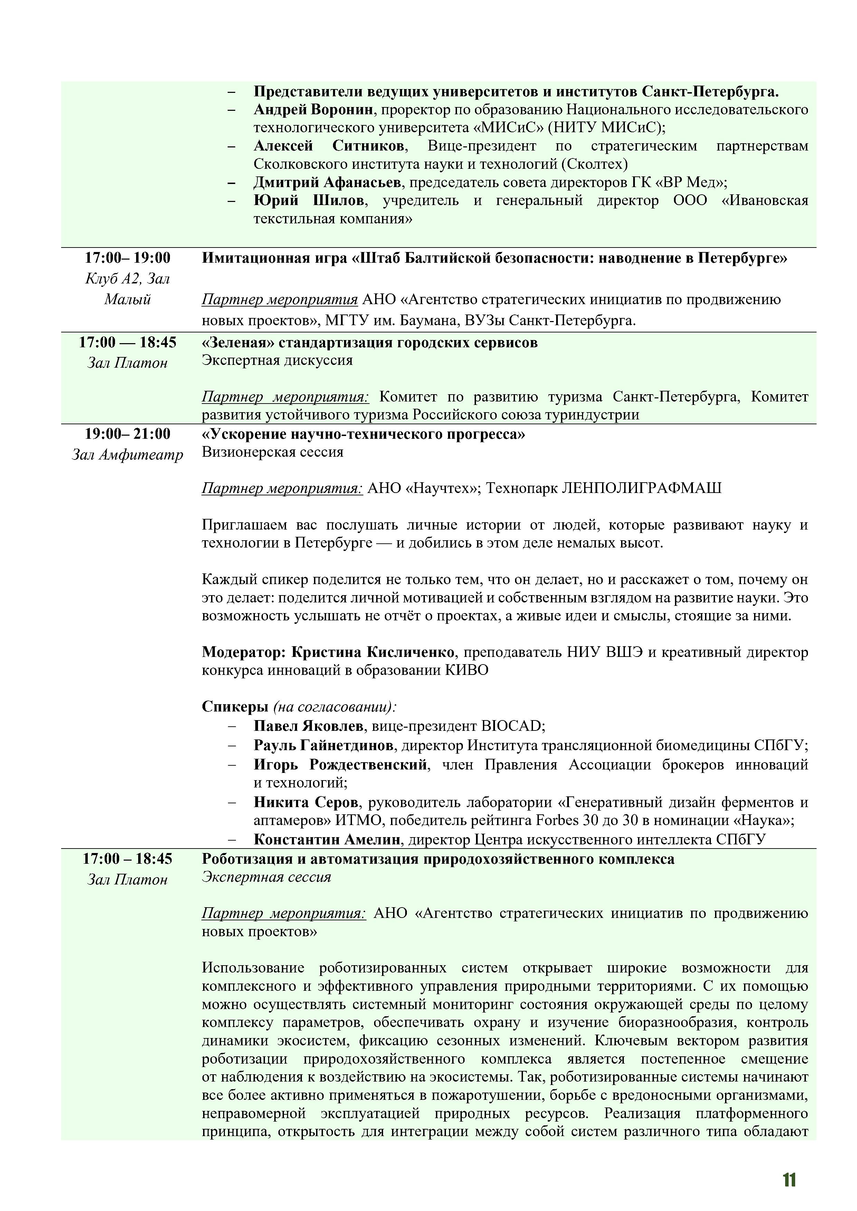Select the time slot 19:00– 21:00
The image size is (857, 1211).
point(128,434)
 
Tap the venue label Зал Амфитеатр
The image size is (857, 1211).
point(128,455)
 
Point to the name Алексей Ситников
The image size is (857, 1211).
point(329,146)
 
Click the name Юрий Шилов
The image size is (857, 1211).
point(309,201)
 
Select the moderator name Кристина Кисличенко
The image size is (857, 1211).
point(373,652)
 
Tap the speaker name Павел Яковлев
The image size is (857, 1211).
point(308,726)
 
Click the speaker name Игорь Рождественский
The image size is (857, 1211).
point(340,764)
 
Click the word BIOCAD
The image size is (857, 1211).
point(511,726)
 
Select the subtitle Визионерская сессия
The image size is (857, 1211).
point(272,452)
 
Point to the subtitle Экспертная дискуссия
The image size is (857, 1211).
point(277,360)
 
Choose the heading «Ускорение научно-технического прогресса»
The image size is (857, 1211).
point(364,434)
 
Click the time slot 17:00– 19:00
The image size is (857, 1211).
point(128,258)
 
